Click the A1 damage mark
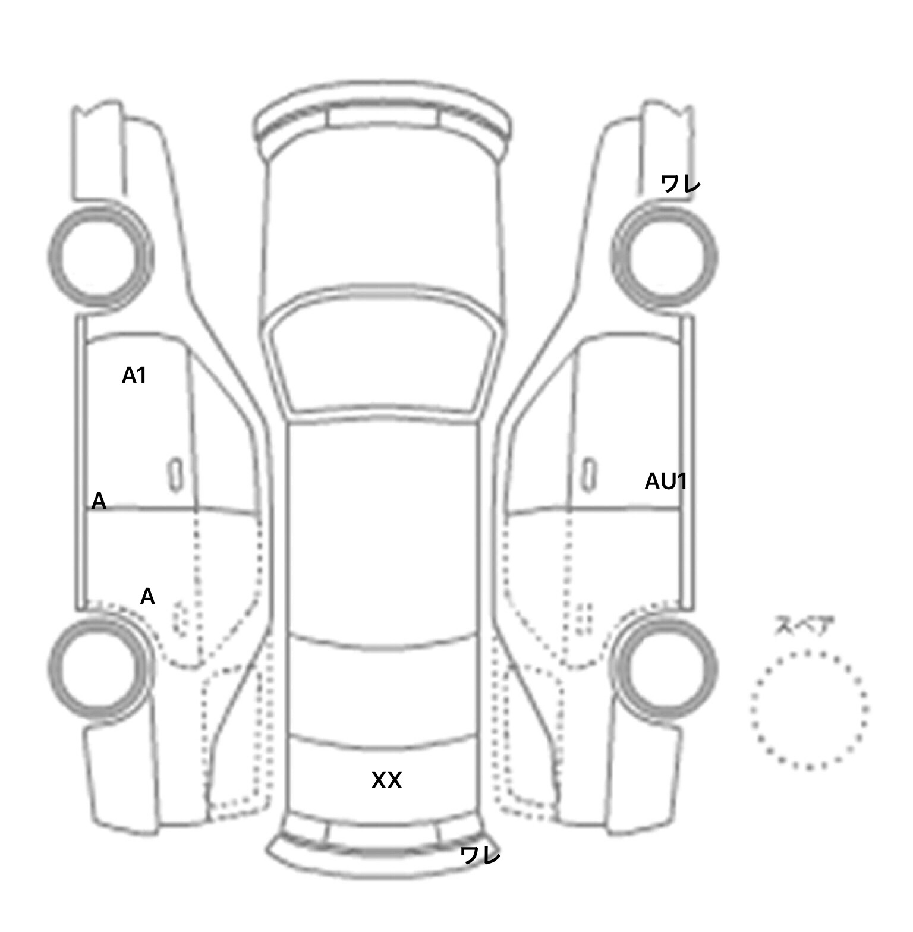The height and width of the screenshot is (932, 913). tap(134, 376)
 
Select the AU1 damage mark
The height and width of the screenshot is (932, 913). tap(666, 481)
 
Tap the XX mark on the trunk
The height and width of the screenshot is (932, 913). tap(386, 780)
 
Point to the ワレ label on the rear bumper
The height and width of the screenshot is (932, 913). tap(480, 856)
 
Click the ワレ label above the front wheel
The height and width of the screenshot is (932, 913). tap(681, 184)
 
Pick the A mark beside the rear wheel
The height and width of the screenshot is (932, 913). tap(147, 597)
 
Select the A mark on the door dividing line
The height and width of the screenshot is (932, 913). tap(99, 502)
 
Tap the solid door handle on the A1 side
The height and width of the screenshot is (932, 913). tap(175, 474)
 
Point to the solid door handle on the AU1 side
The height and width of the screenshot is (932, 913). tap(589, 474)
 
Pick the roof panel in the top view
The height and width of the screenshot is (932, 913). tap(383, 529)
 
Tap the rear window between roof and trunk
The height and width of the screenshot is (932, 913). tap(383, 692)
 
